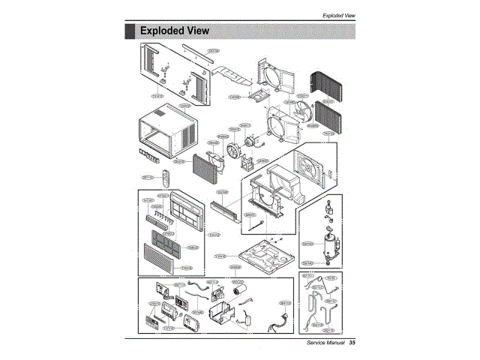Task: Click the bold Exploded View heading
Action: tap(173, 31)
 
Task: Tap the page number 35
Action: tap(351, 343)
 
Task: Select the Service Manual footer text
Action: tap(321, 343)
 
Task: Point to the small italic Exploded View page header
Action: tap(338, 15)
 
